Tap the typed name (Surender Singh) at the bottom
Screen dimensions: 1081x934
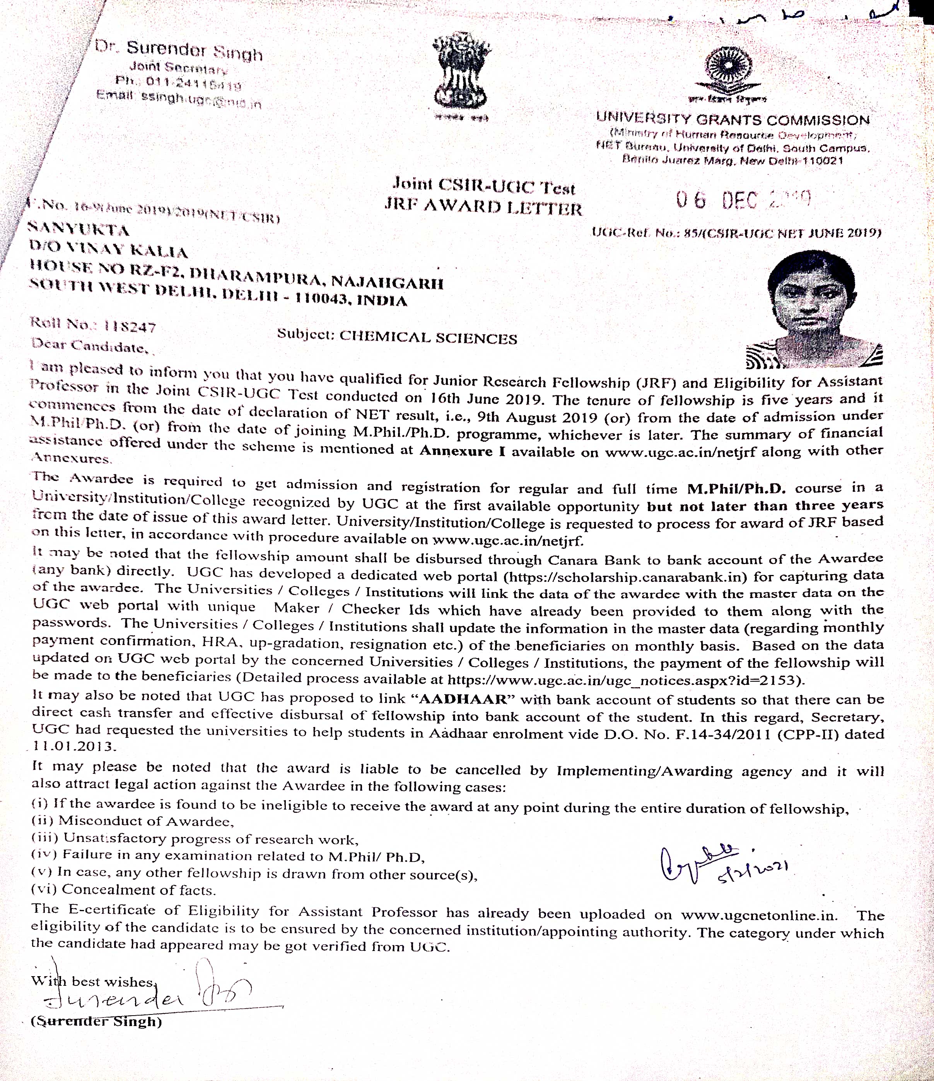pos(96,1021)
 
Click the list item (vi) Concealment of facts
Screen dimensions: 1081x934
pos(124,889)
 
